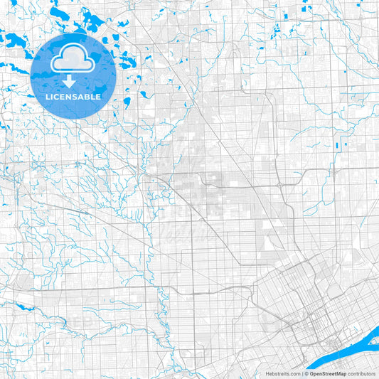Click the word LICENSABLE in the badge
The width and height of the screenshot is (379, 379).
coord(73,96)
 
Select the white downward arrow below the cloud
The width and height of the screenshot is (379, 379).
coord(73,80)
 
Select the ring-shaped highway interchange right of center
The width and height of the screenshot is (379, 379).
coord(282,186)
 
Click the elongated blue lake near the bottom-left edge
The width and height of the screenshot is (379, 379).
coord(25,308)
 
